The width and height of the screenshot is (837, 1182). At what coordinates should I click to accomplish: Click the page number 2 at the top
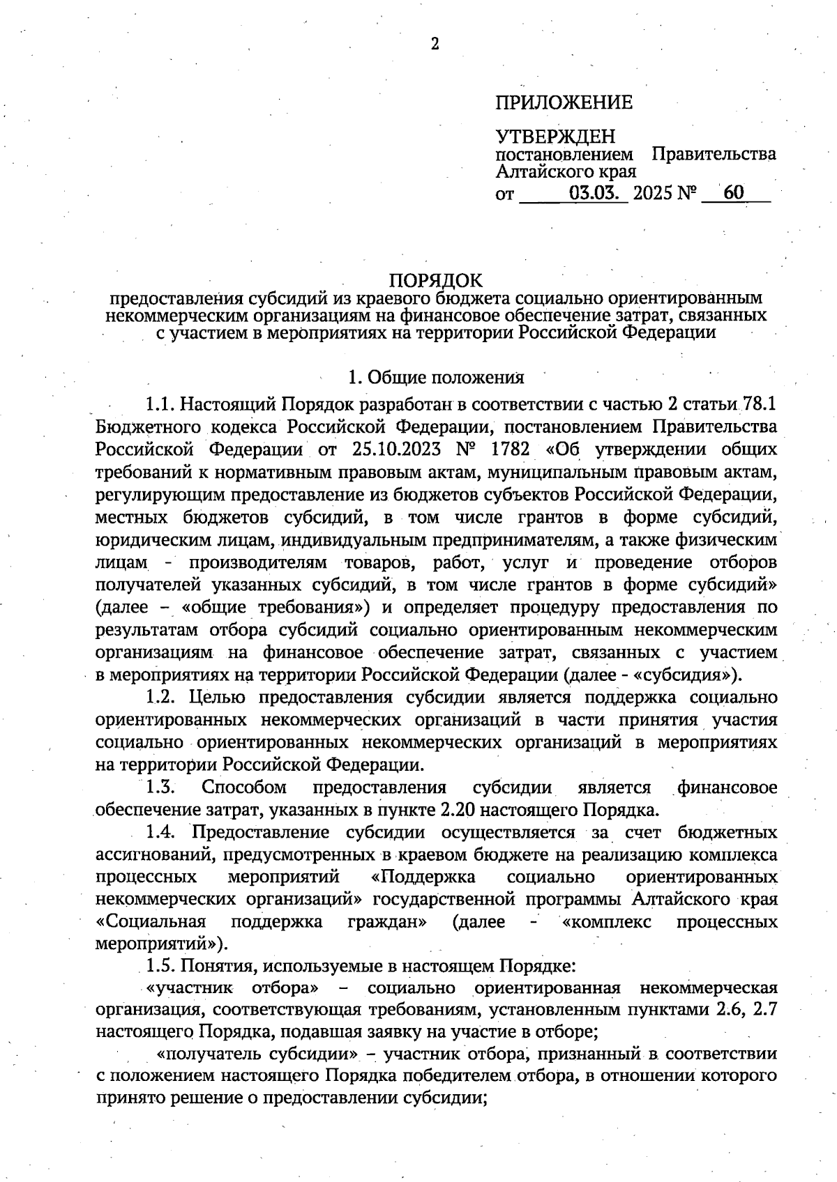point(435,44)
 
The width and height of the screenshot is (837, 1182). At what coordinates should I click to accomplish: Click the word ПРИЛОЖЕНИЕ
point(564,103)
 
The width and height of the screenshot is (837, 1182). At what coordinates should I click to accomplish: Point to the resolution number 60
point(733,193)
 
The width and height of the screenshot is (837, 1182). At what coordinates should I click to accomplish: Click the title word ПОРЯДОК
point(435,280)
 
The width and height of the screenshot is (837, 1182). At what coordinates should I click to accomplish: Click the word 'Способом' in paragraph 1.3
point(244,788)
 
